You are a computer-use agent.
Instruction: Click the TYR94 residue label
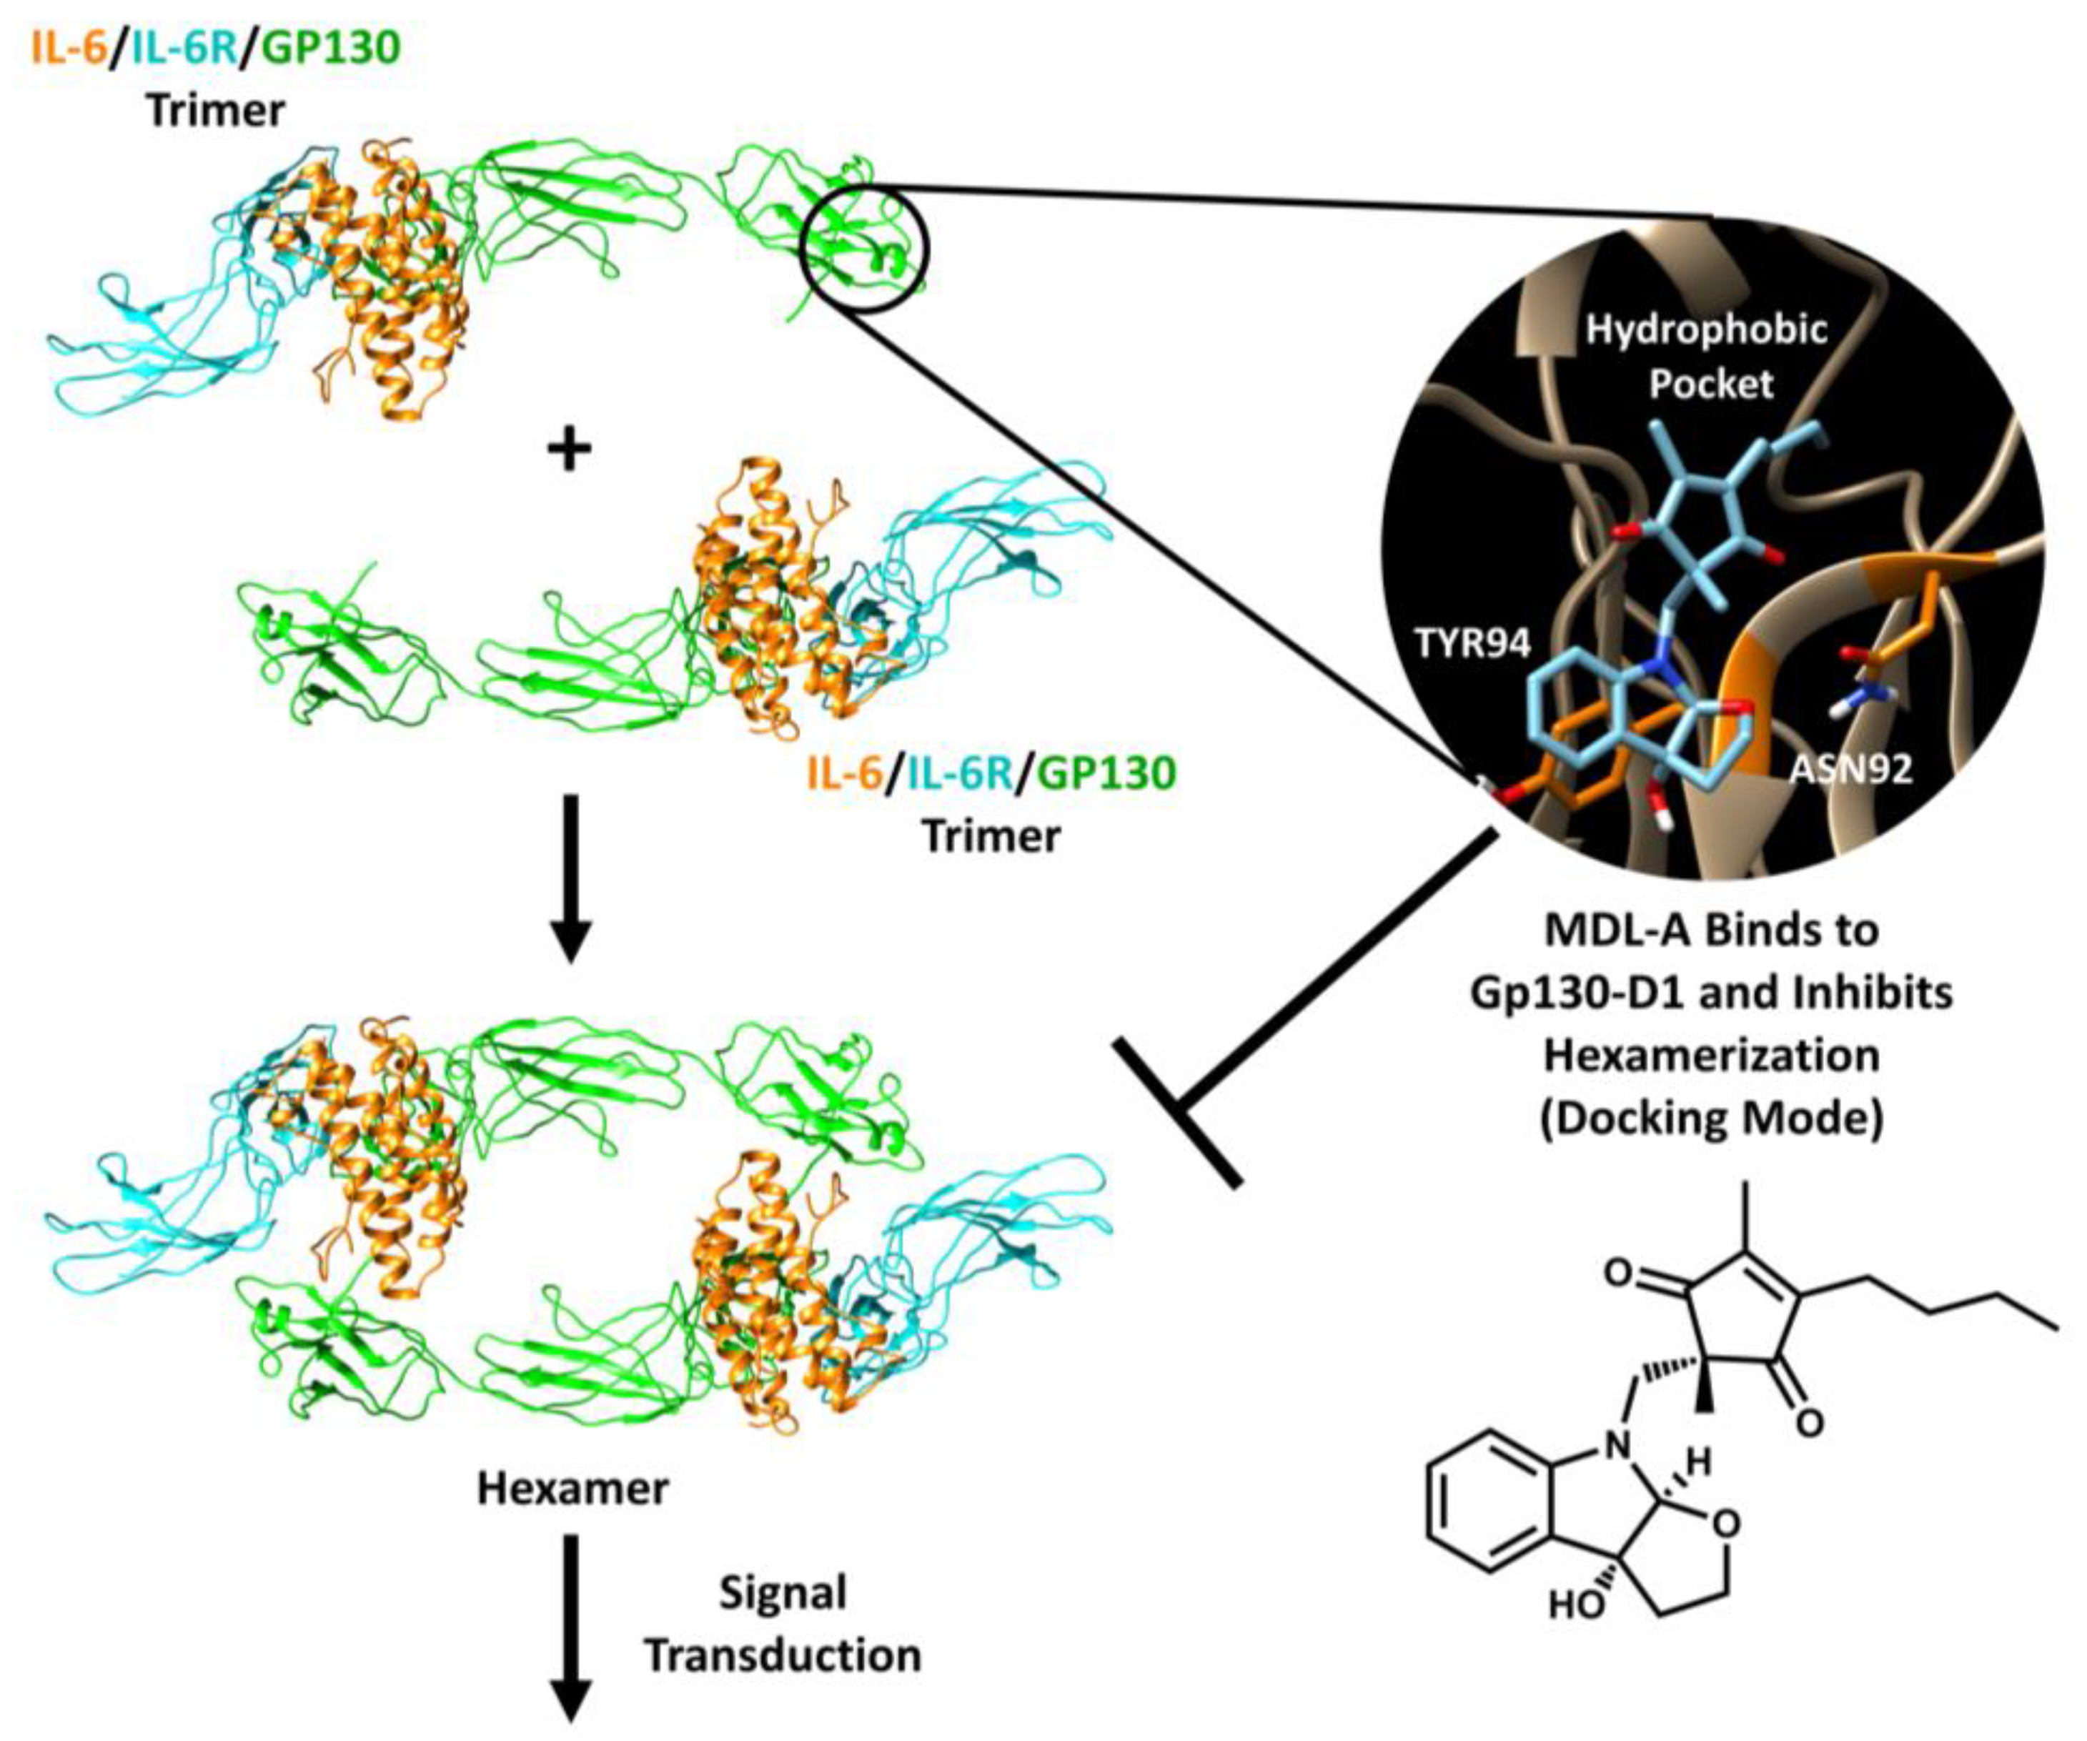(1473, 645)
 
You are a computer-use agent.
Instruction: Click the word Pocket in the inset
(1710, 384)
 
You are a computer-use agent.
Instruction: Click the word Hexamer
(573, 1487)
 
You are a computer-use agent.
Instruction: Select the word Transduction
(783, 1655)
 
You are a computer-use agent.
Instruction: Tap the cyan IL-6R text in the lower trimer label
(956, 773)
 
